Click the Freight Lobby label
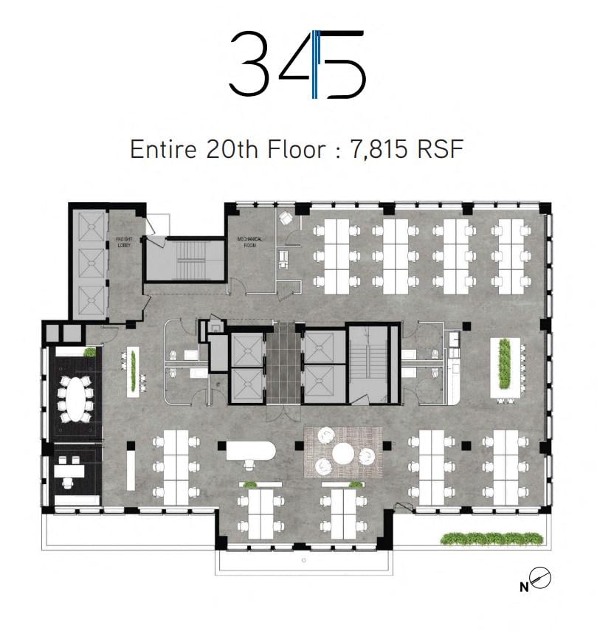pos(124,242)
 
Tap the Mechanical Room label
pos(250,242)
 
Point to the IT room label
pos(218,385)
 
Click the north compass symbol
pos(540,578)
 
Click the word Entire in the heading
pos(163,149)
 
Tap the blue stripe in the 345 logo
pos(316,64)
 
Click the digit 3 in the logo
pos(249,63)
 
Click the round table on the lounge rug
pos(343,452)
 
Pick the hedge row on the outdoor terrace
pos(491,539)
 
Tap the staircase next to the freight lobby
pos(184,260)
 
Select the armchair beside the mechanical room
pos(286,218)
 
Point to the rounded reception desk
pos(250,451)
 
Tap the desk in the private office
pos(69,470)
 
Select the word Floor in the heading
pos(296,149)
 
